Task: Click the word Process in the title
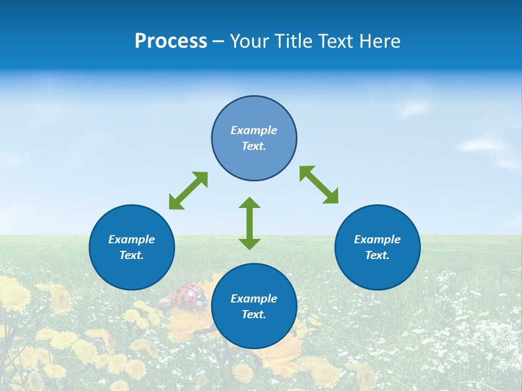[171, 41]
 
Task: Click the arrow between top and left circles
[188, 191]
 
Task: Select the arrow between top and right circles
[319, 185]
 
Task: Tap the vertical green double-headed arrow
[250, 223]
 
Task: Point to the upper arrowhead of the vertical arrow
[250, 203]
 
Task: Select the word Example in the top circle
[254, 130]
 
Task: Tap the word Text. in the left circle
[132, 255]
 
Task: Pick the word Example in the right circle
[377, 239]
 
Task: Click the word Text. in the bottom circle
[254, 314]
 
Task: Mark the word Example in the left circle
[132, 239]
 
